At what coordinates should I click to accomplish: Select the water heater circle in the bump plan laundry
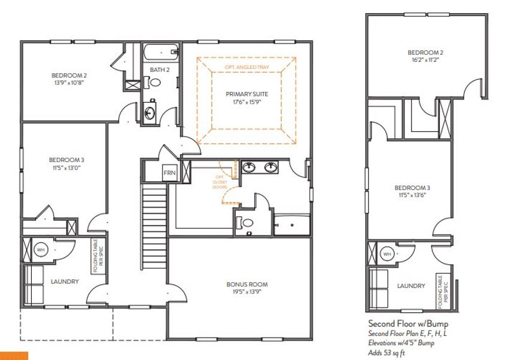387,254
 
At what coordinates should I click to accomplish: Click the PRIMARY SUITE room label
247,94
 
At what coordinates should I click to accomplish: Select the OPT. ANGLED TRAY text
246,65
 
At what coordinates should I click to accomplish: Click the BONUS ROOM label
247,284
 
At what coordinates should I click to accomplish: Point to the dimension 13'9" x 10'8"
69,83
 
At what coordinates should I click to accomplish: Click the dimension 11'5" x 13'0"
66,168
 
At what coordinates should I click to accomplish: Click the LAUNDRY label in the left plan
65,281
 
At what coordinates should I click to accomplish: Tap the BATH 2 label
160,70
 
